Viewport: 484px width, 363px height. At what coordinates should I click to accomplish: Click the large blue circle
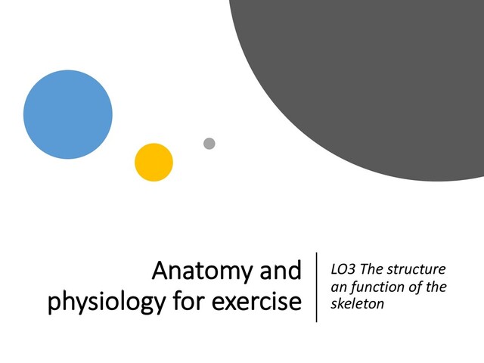[68, 114]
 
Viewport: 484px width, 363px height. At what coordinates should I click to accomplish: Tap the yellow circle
[154, 162]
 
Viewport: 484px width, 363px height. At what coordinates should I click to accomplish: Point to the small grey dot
[209, 144]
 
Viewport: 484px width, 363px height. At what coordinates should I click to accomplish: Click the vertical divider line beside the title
[316, 287]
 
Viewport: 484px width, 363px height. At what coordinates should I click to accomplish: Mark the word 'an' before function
[339, 287]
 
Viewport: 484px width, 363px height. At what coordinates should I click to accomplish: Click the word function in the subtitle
[377, 287]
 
